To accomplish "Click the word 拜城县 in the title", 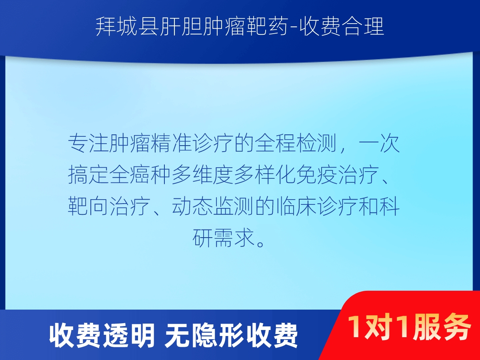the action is coord(127,27).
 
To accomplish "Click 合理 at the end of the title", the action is coord(363,27).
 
